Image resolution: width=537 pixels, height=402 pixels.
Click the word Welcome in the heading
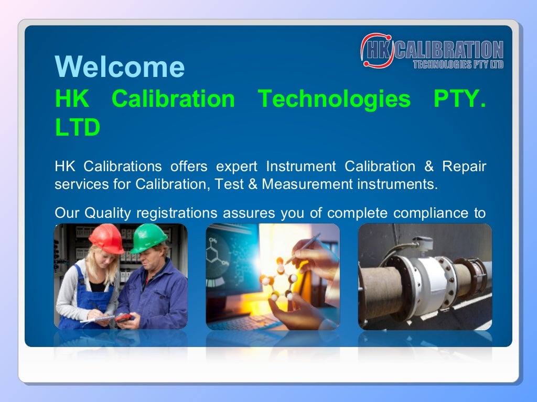pyautogui.click(x=120, y=67)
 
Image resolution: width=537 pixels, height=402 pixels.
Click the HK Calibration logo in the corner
pyautogui.click(x=432, y=51)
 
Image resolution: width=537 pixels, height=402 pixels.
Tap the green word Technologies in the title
pyautogui.click(x=334, y=98)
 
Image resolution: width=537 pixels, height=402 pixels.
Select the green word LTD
pyautogui.click(x=78, y=128)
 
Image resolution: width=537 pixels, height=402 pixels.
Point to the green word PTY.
pyautogui.click(x=459, y=98)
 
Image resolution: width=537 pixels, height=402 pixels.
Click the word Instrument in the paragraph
pyautogui.click(x=300, y=166)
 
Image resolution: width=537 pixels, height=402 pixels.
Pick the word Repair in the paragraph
pyautogui.click(x=464, y=166)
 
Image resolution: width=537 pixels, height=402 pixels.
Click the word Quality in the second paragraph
pyautogui.click(x=109, y=213)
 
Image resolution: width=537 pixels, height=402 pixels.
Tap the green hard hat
pyautogui.click(x=149, y=238)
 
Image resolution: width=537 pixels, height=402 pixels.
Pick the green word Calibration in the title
pyautogui.click(x=173, y=98)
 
